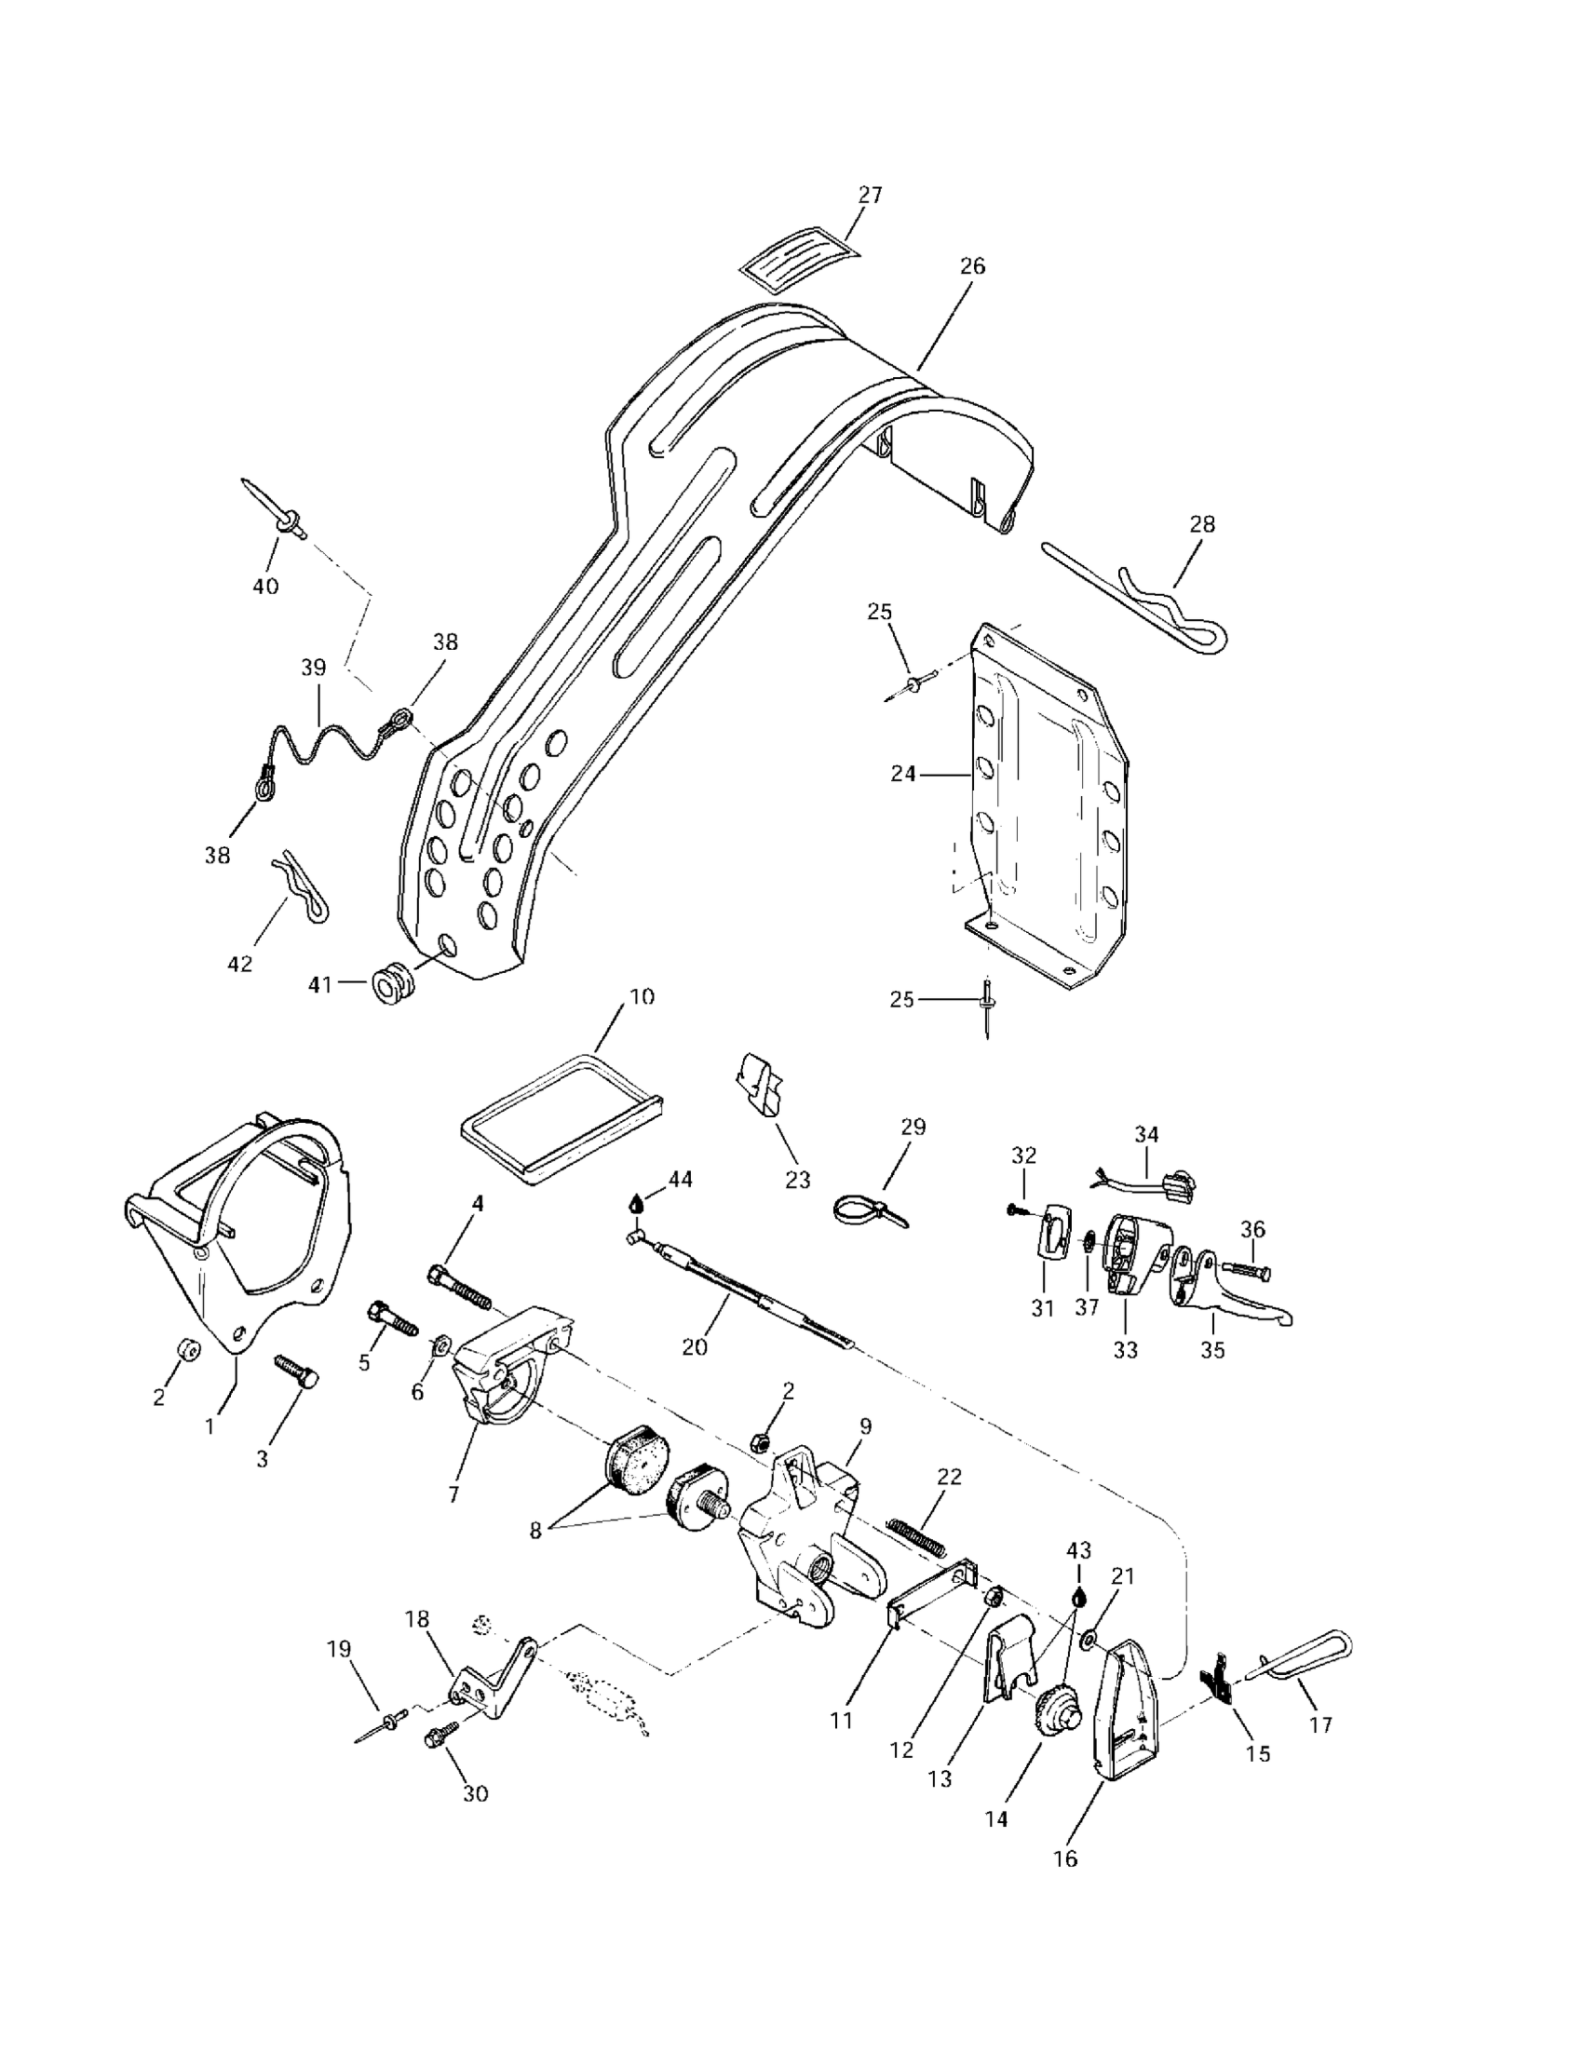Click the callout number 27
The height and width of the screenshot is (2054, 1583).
click(870, 195)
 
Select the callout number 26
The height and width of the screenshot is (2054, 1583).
click(972, 266)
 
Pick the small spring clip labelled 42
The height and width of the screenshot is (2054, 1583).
click(304, 885)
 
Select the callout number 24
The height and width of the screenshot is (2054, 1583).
click(902, 774)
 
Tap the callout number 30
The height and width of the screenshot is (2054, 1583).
click(476, 1793)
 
